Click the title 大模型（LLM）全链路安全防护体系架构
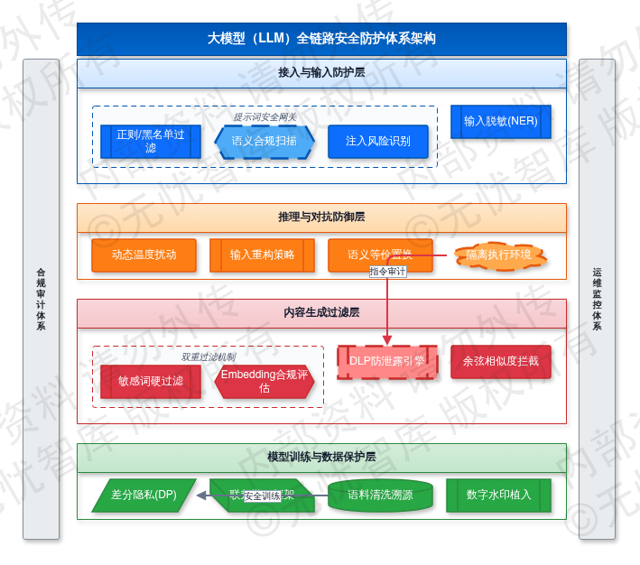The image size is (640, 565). tap(321, 39)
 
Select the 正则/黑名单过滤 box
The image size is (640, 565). tap(151, 142)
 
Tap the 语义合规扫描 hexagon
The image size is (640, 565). tap(264, 142)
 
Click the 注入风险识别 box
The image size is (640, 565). tap(378, 142)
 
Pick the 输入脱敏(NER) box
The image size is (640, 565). tap(501, 122)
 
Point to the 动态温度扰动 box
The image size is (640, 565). tap(144, 255)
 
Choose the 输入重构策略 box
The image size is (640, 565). tap(263, 255)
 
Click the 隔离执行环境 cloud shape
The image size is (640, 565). tap(499, 255)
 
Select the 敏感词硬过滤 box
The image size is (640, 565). tap(151, 382)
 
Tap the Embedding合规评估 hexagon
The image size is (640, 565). tap(264, 382)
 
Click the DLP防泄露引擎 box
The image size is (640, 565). tap(387, 362)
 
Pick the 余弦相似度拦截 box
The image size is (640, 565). tap(501, 362)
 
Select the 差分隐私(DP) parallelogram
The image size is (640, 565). tap(144, 496)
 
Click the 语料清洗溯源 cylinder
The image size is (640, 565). tap(382, 496)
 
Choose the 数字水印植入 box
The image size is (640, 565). tap(499, 496)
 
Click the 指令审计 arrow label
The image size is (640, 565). tap(388, 272)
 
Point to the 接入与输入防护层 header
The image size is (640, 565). tap(321, 73)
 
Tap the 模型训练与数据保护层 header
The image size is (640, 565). tap(321, 458)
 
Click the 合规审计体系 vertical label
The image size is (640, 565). tap(41, 299)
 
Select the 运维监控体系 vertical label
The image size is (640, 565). tap(597, 299)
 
